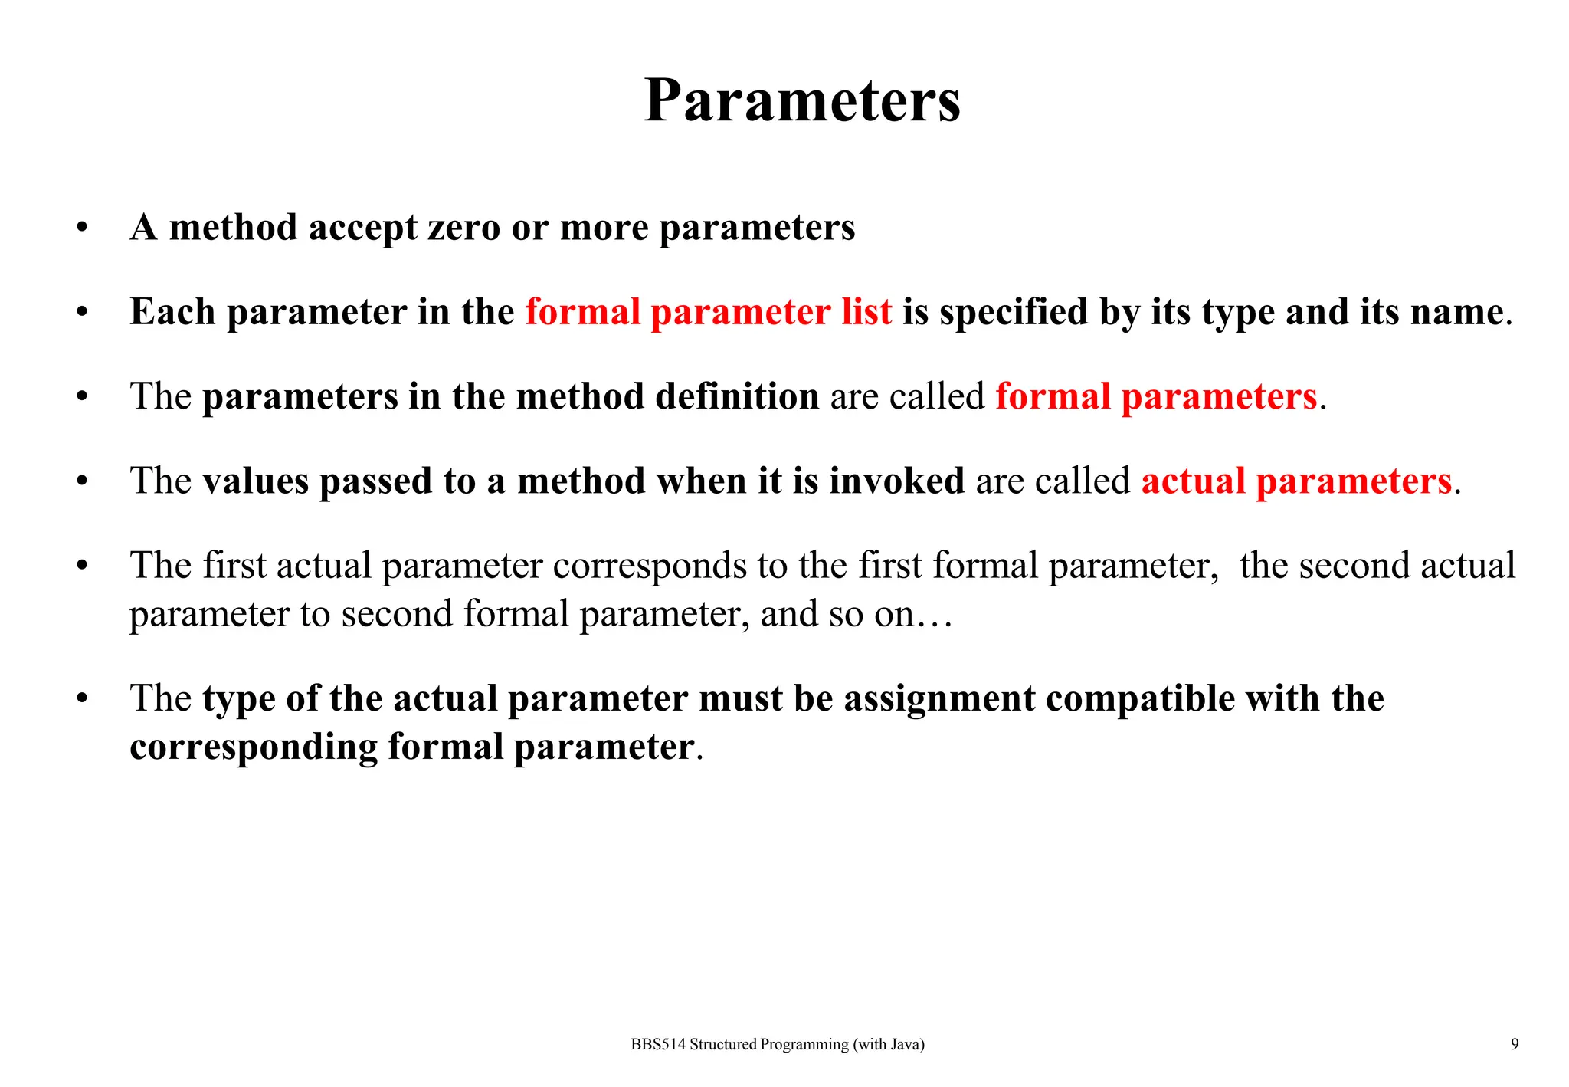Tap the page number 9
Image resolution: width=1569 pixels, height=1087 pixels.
pyautogui.click(x=1515, y=1043)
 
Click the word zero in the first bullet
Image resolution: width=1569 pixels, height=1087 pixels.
pyautogui.click(x=463, y=228)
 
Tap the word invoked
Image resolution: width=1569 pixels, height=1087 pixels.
pyautogui.click(x=896, y=481)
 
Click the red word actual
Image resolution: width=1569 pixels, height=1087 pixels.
pyautogui.click(x=1193, y=481)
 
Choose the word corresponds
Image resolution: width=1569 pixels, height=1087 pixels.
pyautogui.click(x=650, y=566)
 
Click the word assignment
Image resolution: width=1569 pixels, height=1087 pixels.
pyautogui.click(x=939, y=698)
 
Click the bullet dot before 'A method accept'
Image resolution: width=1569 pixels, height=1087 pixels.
pyautogui.click(x=82, y=228)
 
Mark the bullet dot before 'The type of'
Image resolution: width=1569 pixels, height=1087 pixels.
pyautogui.click(x=82, y=698)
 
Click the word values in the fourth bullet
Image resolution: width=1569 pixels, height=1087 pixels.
pyautogui.click(x=256, y=481)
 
